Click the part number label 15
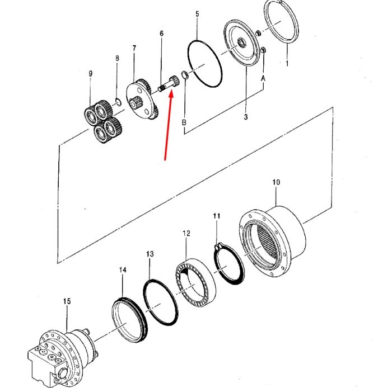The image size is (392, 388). pyautogui.click(x=67, y=301)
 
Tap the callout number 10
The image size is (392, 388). pyautogui.click(x=276, y=182)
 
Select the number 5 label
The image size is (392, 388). pyautogui.click(x=197, y=14)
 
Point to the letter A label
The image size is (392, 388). pyautogui.click(x=263, y=79)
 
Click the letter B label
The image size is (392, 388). pyautogui.click(x=184, y=122)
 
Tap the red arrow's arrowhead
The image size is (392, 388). pyautogui.click(x=171, y=94)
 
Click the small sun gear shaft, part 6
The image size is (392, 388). pyautogui.click(x=168, y=83)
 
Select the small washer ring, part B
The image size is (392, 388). pyautogui.click(x=184, y=75)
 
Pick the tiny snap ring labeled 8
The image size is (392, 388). pyautogui.click(x=118, y=102)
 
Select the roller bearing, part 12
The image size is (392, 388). pyautogui.click(x=195, y=282)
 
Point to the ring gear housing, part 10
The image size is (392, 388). pyautogui.click(x=272, y=242)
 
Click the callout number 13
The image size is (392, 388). pyautogui.click(x=150, y=254)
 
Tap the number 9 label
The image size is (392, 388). pyautogui.click(x=91, y=74)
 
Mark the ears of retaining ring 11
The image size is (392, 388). pyautogui.click(x=218, y=247)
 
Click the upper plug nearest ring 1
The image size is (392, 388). pyautogui.click(x=259, y=32)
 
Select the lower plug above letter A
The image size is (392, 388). pyautogui.click(x=263, y=50)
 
